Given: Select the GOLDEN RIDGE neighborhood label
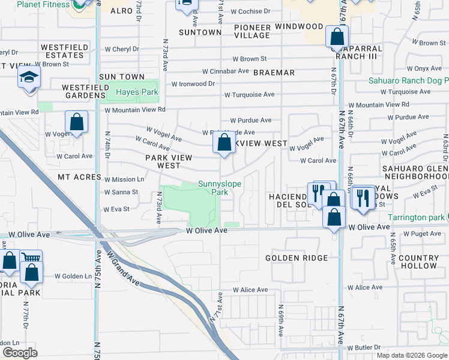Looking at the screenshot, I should click(297, 258).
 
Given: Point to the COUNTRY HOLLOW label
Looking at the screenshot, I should click(418, 262).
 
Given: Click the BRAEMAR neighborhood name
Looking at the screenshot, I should click(274, 73).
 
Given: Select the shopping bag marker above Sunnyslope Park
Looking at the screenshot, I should click(224, 143).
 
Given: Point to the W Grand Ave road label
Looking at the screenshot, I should click(124, 267).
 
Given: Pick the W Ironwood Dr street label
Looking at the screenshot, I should click(193, 84).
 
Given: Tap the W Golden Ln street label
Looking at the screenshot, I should click(73, 277).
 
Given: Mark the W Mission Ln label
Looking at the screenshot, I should click(124, 179).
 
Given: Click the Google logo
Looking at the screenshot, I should click(20, 353).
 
